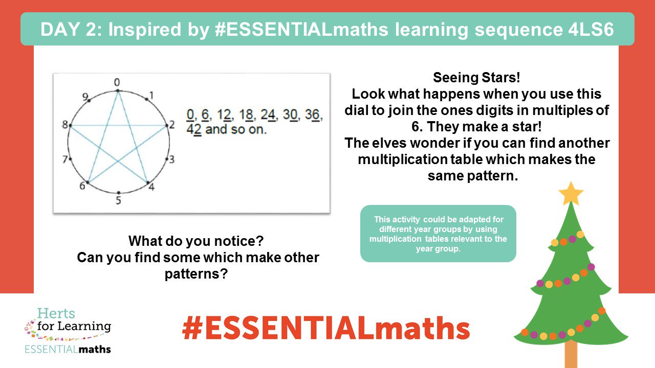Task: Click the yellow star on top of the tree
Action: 571,194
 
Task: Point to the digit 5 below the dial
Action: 118,200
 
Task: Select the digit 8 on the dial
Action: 65,125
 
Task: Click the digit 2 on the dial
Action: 172,125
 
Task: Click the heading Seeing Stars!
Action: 476,78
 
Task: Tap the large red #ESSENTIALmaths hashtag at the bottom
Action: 326,328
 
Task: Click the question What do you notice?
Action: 198,240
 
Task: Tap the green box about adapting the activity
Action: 438,234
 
